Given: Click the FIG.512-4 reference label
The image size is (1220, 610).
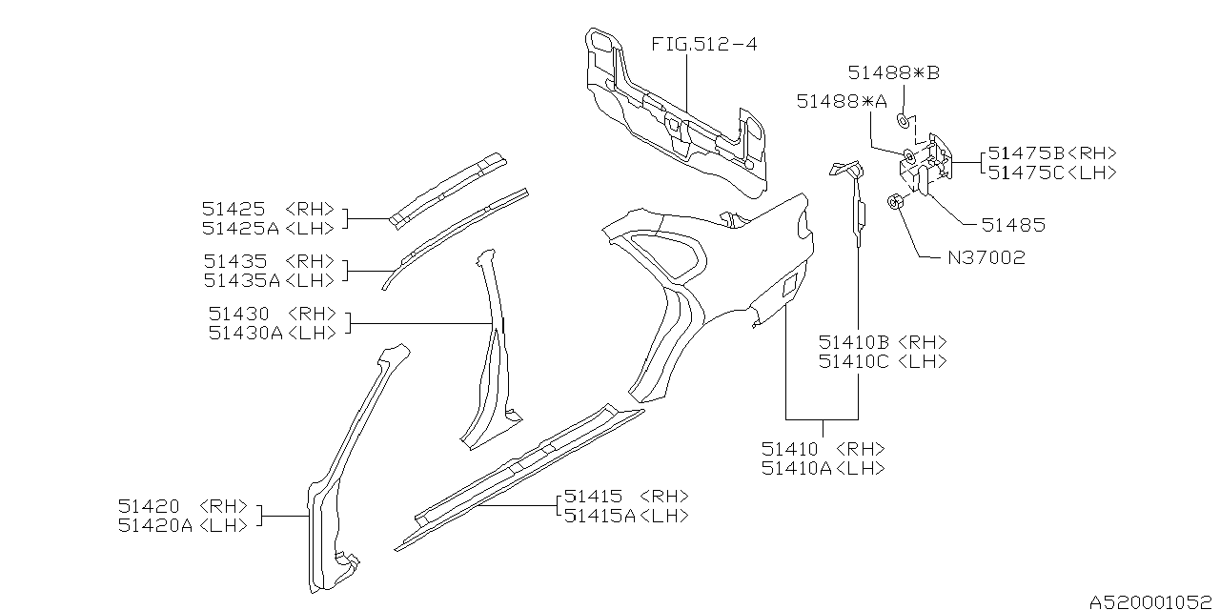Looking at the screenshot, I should pyautogui.click(x=704, y=44).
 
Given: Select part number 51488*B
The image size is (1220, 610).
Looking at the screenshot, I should pyautogui.click(x=894, y=73).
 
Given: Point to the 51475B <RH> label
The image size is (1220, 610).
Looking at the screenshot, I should pyautogui.click(x=1051, y=152).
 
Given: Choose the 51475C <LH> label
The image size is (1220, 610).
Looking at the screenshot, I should pyautogui.click(x=1051, y=173).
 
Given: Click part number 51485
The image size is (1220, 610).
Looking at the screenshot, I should pyautogui.click(x=1013, y=226).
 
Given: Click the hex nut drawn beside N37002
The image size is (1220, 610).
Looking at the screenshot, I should pyautogui.click(x=895, y=202).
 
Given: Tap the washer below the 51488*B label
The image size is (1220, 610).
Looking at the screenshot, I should pyautogui.click(x=901, y=120).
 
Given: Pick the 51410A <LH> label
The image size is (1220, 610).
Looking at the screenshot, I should pyautogui.click(x=823, y=468).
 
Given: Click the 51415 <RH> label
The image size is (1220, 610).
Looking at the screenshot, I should pyautogui.click(x=625, y=497).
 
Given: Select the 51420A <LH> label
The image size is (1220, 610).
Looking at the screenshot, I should pyautogui.click(x=184, y=525).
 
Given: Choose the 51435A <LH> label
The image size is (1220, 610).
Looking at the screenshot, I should pyautogui.click(x=269, y=280).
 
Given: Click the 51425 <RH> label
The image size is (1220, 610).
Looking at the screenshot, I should pyautogui.click(x=269, y=208).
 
